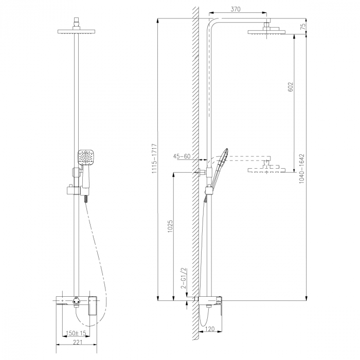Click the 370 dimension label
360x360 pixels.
(236, 9)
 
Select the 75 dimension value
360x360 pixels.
(303, 26)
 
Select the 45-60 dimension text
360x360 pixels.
(182, 156)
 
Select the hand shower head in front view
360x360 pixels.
(85, 157)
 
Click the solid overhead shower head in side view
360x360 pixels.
(269, 33)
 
